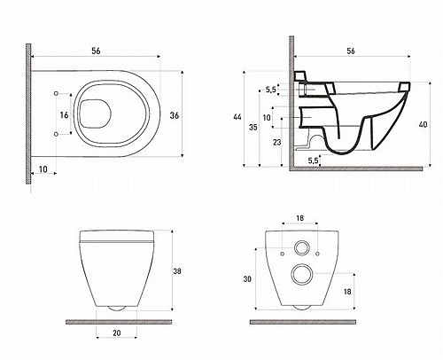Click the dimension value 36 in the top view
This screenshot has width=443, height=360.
175,115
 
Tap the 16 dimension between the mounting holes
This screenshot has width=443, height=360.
64,115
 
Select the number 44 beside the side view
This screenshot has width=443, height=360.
237,117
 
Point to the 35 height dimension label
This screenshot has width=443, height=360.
253,128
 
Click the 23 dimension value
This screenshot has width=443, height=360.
276,143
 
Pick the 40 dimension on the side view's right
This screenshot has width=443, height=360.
423,125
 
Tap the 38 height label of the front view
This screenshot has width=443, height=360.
177,271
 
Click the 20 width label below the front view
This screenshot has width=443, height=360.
117,333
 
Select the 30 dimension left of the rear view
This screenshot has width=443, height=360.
247,278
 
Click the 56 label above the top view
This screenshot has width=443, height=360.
96,51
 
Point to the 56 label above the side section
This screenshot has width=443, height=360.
351,51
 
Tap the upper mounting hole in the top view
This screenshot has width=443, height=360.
56,93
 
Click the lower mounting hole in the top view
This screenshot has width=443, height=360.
56,134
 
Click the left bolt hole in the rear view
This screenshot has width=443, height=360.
282,254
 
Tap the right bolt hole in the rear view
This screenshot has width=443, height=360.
317,254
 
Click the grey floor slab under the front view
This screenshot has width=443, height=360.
119,322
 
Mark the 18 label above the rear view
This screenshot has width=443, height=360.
299,218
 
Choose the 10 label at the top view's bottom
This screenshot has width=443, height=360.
43,169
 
